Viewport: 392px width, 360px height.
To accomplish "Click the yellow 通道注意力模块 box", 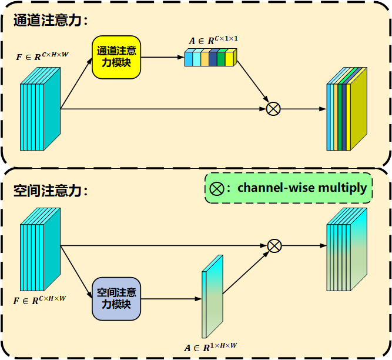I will point(116,57).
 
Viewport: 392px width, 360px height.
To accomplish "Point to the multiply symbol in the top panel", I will point(273,108).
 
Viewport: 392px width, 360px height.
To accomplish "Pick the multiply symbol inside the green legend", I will point(217,189).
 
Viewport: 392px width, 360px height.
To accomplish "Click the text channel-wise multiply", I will point(302,188).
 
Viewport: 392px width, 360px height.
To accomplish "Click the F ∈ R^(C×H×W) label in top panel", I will point(41,58).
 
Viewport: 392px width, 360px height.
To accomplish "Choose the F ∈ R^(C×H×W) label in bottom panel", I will point(41,300).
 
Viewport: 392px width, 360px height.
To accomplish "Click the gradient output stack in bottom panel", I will point(347,250).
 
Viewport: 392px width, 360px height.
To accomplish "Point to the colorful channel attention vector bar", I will point(210,58).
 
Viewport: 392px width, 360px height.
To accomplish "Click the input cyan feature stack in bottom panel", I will point(41,250).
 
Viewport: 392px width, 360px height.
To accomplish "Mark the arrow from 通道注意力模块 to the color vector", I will point(162,57).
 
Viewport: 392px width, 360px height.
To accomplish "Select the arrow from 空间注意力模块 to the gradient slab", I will point(170,298).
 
